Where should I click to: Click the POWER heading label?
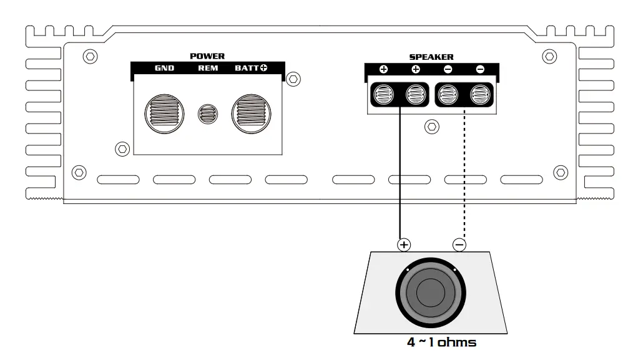pyautogui.click(x=207, y=56)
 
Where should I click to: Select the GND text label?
pyautogui.click(x=164, y=68)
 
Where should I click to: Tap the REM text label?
pyautogui.click(x=208, y=68)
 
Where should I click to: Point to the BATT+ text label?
pyautogui.click(x=251, y=68)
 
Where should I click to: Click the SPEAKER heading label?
pyautogui.click(x=431, y=57)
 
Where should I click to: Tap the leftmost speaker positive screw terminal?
pyautogui.click(x=383, y=95)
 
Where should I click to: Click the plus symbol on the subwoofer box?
pyautogui.click(x=404, y=245)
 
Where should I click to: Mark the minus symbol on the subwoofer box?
pyautogui.click(x=459, y=245)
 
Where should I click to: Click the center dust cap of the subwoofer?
pyautogui.click(x=431, y=291)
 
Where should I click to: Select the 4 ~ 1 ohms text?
pyautogui.click(x=441, y=342)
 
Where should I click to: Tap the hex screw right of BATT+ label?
pyautogui.click(x=293, y=79)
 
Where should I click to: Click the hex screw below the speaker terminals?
pyautogui.click(x=431, y=127)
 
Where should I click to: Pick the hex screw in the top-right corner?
pyautogui.click(x=549, y=57)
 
